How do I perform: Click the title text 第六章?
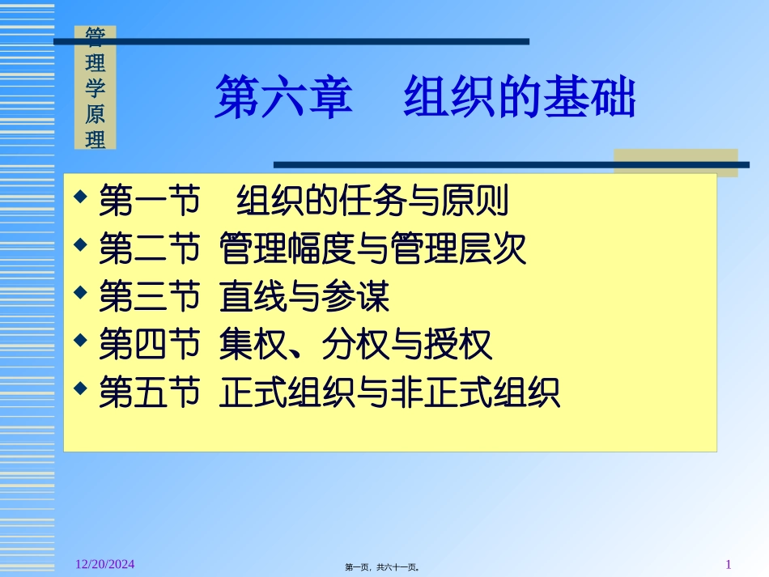(x=283, y=99)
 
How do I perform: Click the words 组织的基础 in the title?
(x=520, y=99)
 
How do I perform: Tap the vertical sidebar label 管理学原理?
(x=96, y=87)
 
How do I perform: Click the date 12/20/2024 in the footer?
(x=100, y=563)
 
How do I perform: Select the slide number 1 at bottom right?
(x=729, y=563)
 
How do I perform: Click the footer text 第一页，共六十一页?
(x=383, y=567)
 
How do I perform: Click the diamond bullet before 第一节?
(x=79, y=197)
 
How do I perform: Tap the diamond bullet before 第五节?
(x=79, y=388)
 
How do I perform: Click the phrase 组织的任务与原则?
(x=372, y=202)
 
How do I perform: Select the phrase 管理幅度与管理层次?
(x=372, y=250)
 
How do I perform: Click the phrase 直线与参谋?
(x=304, y=298)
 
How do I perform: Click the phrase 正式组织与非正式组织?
(x=389, y=394)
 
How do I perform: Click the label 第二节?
(x=149, y=250)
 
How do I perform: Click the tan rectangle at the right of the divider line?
(x=675, y=162)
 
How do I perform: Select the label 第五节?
(x=149, y=394)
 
